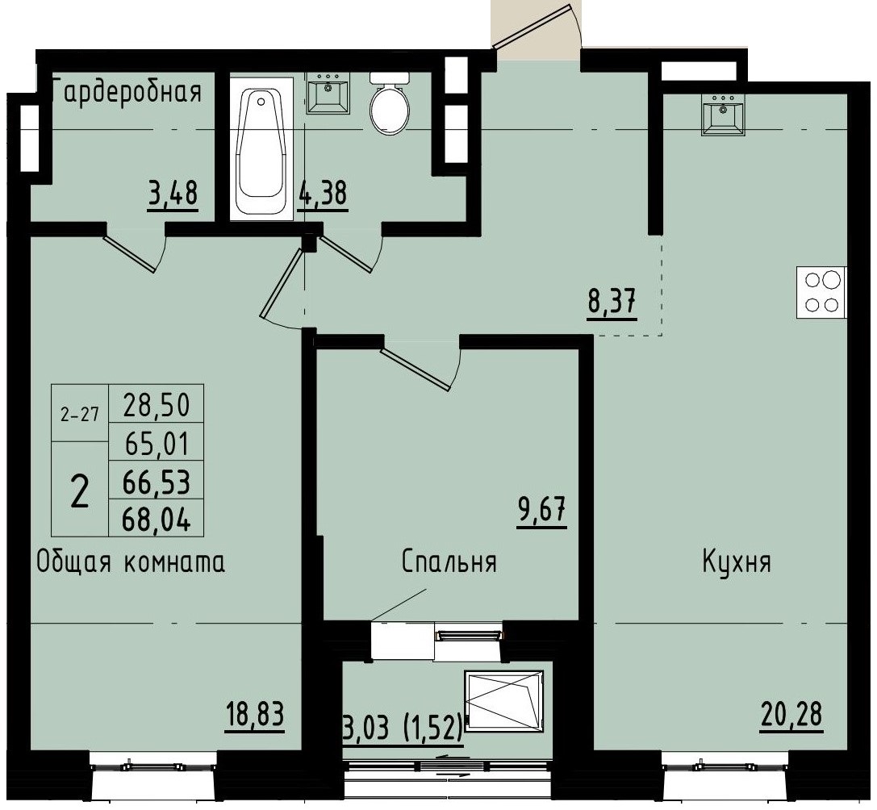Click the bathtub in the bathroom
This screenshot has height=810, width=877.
[262, 148]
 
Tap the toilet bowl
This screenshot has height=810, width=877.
[390, 103]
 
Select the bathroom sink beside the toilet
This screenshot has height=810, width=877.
[328, 94]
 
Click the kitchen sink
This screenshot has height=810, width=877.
[723, 114]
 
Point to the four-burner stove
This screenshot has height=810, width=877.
[822, 292]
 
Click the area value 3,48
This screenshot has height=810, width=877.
[173, 194]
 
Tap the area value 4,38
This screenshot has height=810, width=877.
[323, 194]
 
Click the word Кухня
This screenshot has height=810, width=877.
[737, 562]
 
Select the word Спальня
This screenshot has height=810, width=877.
[449, 562]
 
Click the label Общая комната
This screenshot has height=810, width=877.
[131, 562]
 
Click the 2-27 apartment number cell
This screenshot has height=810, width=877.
[79, 415]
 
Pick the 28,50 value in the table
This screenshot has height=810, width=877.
[157, 405]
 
